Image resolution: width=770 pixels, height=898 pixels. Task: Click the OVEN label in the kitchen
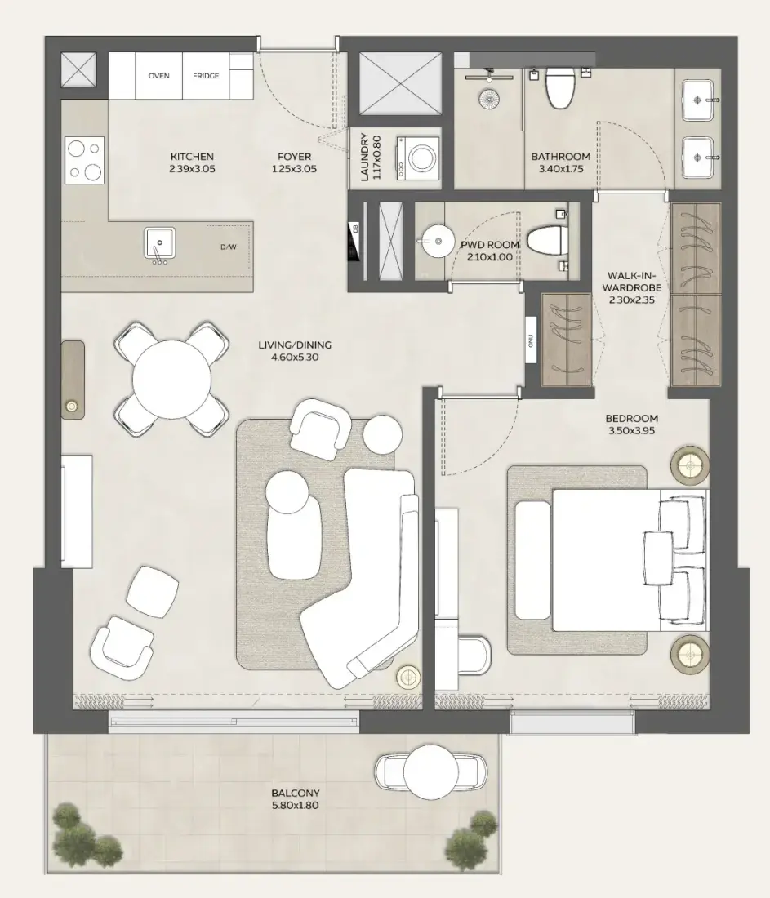pyautogui.click(x=158, y=76)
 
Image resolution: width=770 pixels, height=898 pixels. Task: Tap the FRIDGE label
pyautogui.click(x=205, y=76)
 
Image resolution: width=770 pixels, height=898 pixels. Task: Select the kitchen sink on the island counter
pyautogui.click(x=159, y=243)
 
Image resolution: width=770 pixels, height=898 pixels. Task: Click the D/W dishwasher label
pyautogui.click(x=228, y=247)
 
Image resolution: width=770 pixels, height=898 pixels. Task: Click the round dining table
pyautogui.click(x=171, y=378)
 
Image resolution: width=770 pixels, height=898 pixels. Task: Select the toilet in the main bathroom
pyautogui.click(x=560, y=89)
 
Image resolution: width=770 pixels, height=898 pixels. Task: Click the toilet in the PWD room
pyautogui.click(x=545, y=242)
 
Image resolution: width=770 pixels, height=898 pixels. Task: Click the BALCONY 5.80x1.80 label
pyautogui.click(x=295, y=798)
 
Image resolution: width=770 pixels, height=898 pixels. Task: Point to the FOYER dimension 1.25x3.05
pyautogui.click(x=293, y=169)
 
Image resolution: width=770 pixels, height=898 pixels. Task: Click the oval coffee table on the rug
pyautogui.click(x=293, y=524)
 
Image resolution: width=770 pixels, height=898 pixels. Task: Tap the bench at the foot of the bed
pyautogui.click(x=533, y=561)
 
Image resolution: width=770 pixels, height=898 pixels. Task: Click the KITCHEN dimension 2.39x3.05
pyautogui.click(x=192, y=169)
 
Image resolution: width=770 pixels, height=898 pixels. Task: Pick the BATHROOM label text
pyautogui.click(x=560, y=157)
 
